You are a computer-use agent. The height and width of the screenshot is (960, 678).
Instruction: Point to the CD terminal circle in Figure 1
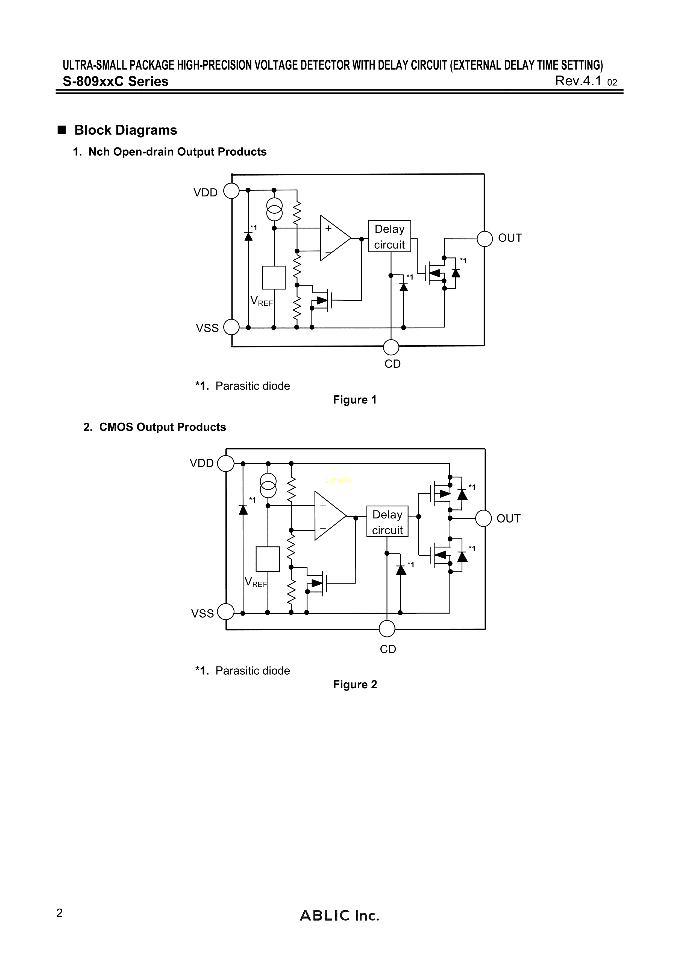[391, 347]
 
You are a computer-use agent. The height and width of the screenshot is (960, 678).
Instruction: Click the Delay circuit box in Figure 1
[389, 236]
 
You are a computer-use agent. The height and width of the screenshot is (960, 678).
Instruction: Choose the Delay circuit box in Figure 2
[387, 522]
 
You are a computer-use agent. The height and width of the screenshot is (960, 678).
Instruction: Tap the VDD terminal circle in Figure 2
[226, 463]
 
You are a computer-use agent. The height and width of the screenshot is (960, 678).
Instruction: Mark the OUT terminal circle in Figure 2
[483, 518]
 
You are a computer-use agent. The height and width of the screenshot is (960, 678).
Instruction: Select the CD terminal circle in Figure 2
[387, 628]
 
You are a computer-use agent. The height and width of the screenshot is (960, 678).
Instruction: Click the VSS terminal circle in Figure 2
[226, 612]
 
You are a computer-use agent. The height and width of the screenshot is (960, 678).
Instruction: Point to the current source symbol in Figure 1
[274, 209]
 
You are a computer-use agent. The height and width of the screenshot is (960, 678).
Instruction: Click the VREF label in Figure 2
[256, 582]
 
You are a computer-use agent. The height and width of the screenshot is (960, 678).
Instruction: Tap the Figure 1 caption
[355, 400]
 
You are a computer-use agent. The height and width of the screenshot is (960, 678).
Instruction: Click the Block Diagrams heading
[125, 130]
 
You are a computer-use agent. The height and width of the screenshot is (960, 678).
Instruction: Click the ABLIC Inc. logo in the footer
[339, 916]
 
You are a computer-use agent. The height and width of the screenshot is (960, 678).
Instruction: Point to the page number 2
[60, 913]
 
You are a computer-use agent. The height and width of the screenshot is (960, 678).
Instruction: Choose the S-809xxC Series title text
[115, 81]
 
